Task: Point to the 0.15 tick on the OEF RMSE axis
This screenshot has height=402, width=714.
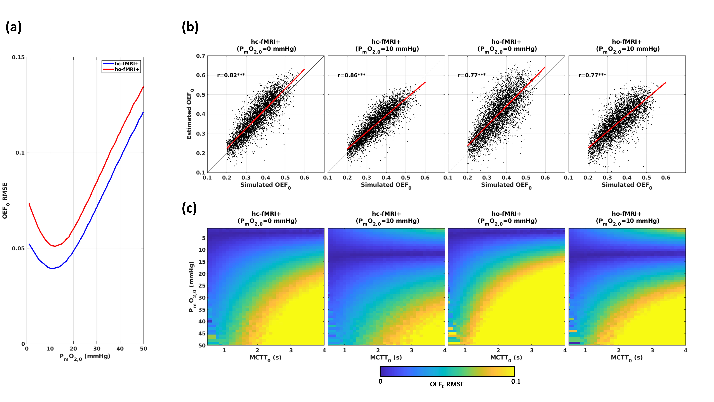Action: click(18, 57)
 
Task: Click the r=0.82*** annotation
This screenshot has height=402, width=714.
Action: click(231, 75)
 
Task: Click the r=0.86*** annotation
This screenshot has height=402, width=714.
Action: click(351, 75)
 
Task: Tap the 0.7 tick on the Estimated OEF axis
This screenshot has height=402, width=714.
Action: click(201, 56)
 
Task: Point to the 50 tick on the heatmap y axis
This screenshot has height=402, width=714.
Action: click(202, 345)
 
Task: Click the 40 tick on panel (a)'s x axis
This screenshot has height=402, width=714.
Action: click(120, 349)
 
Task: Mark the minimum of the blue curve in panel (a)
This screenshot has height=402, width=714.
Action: click(52, 268)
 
